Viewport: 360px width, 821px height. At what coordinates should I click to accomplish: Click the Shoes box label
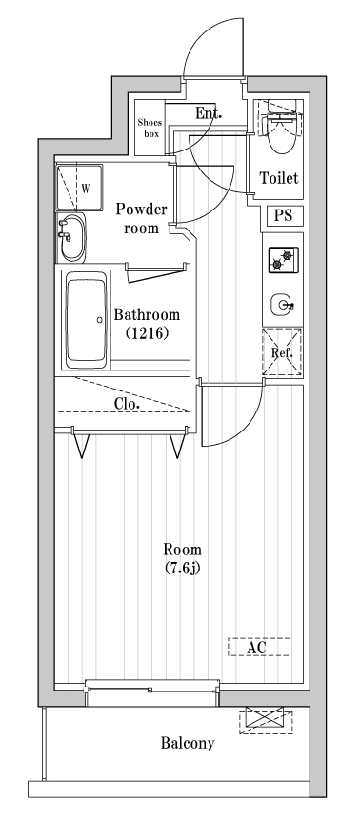point(150,128)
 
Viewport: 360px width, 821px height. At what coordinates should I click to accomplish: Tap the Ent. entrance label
point(209,113)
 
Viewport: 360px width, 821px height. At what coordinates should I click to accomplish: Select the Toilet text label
point(279,178)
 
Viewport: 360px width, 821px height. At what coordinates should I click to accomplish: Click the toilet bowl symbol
point(281,134)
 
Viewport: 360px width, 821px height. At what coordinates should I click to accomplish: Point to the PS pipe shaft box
point(283,216)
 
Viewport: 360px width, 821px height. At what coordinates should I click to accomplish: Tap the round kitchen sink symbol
point(281,305)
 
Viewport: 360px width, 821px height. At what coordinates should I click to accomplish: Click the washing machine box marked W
point(78,187)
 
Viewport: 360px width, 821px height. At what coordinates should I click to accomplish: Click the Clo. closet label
point(127,404)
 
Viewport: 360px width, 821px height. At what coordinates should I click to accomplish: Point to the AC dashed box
point(259,647)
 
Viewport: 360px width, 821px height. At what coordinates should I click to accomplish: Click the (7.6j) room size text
point(181,569)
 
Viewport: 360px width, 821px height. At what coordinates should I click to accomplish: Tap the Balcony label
point(187,744)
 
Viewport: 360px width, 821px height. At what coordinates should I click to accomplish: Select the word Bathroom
point(146,315)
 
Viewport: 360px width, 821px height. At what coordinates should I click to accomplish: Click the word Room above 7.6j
point(181,550)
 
